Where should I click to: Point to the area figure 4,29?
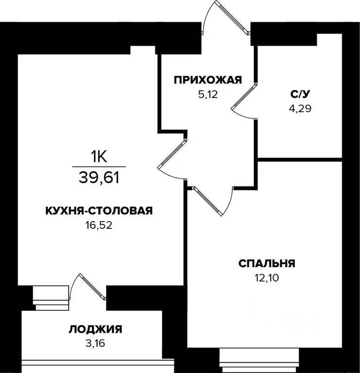299,108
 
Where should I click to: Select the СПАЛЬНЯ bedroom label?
267,264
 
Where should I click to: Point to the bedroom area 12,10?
266,278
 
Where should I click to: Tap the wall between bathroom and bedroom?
300,159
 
